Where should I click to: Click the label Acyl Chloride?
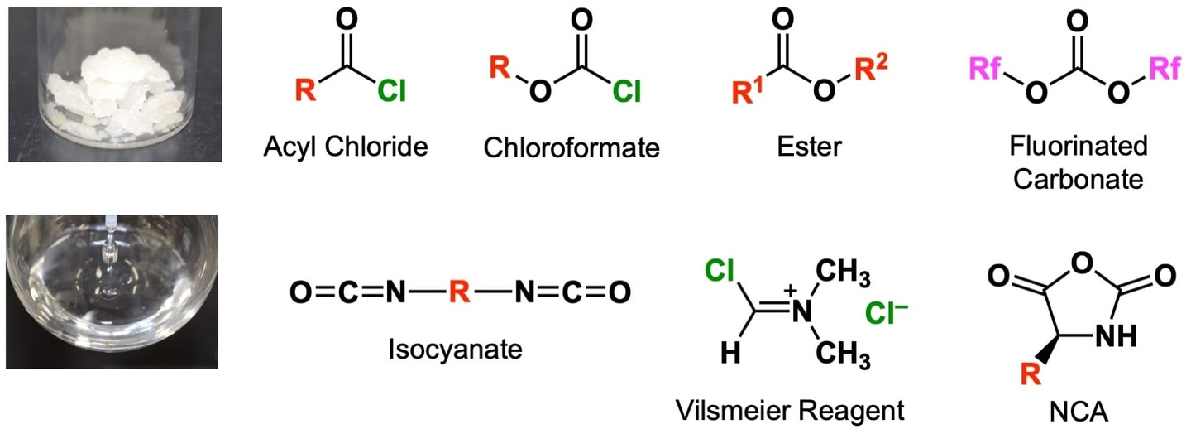pyautogui.click(x=345, y=147)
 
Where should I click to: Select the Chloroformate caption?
pyautogui.click(x=572, y=148)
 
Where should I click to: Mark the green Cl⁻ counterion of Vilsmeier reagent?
pyautogui.click(x=887, y=314)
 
